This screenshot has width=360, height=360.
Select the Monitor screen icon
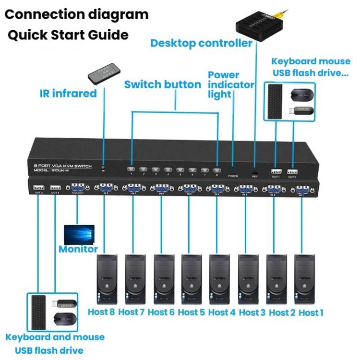pyautogui.click(x=79, y=235)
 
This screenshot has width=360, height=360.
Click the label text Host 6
pyautogui.click(x=160, y=312)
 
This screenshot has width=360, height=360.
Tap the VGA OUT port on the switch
pyautogui.click(x=78, y=188)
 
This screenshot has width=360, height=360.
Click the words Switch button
pyautogui.click(x=163, y=84)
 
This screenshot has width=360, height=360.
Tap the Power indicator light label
pyautogui.click(x=230, y=84)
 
